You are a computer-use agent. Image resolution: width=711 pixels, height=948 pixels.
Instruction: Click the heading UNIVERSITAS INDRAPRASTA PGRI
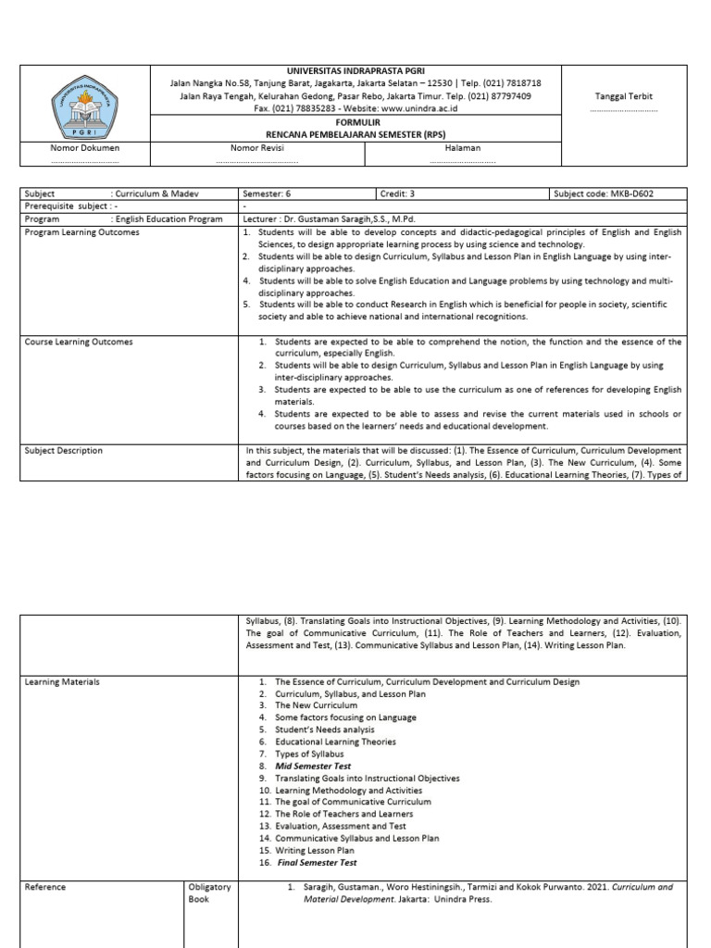click(x=350, y=70)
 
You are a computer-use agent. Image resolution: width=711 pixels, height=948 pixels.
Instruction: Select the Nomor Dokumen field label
click(x=85, y=147)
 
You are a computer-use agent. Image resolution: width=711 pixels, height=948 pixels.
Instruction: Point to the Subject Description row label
click(x=65, y=451)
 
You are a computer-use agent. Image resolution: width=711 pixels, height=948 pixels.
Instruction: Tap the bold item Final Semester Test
click(x=317, y=863)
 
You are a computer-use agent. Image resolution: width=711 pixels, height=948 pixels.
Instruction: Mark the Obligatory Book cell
click(x=209, y=892)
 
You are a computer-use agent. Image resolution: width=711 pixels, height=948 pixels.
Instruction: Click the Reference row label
click(x=46, y=887)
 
